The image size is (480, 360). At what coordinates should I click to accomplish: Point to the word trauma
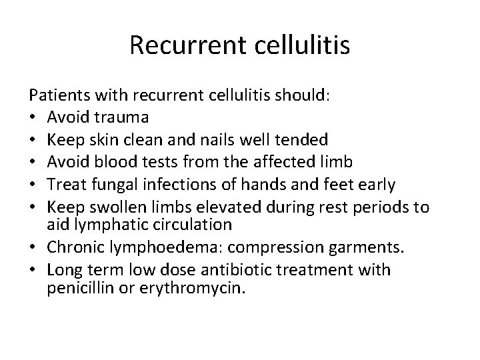(125, 117)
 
